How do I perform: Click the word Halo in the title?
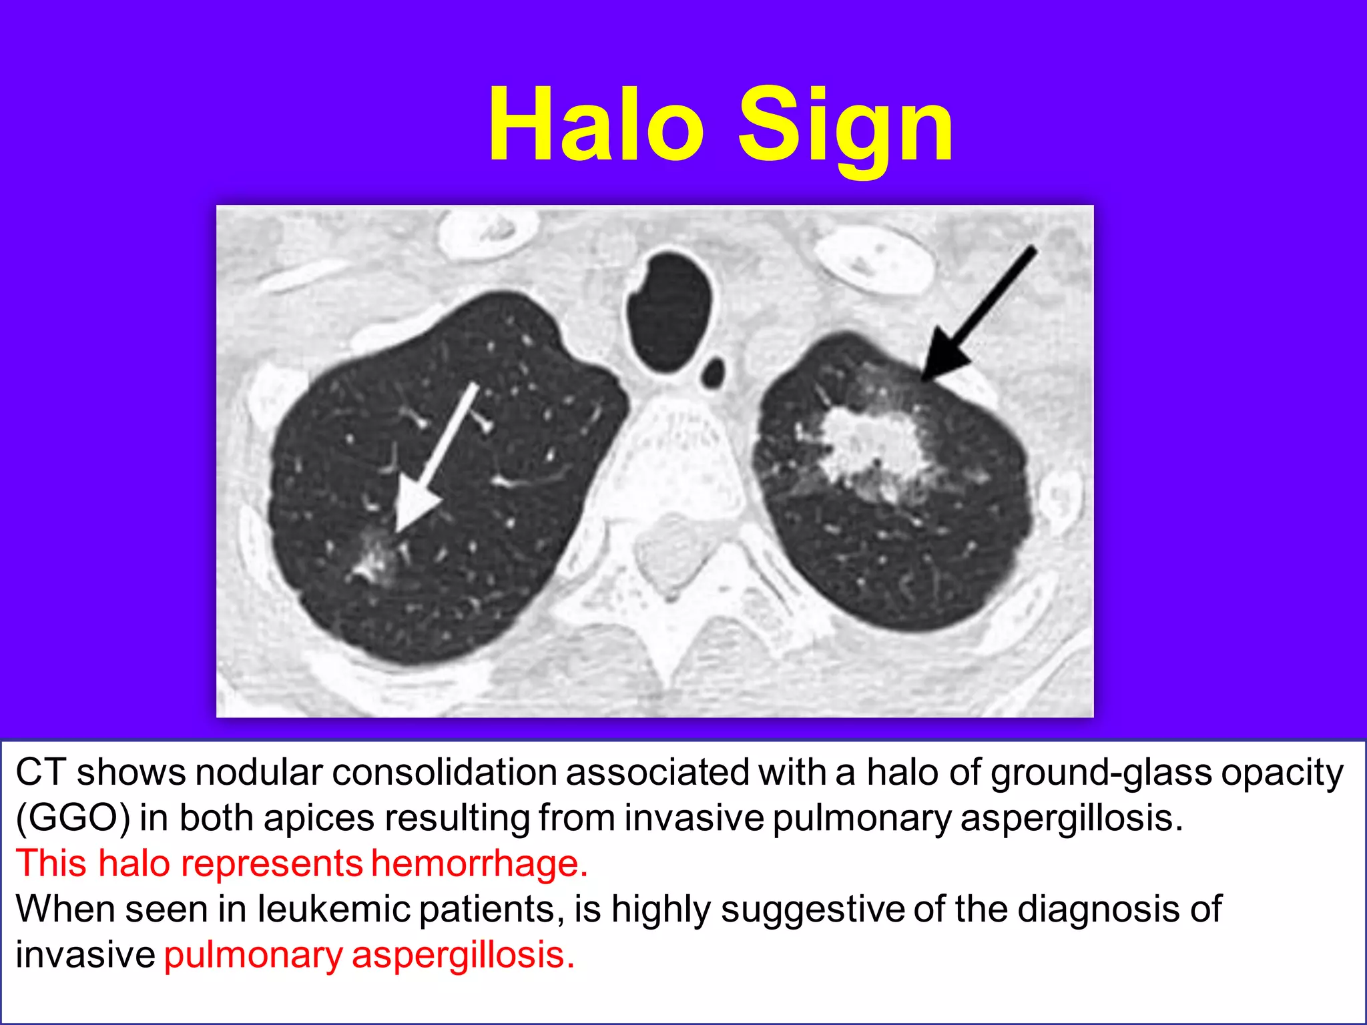tap(596, 125)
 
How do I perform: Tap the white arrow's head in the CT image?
tap(415, 507)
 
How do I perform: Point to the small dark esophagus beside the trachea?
tap(714, 372)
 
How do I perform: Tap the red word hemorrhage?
tap(479, 864)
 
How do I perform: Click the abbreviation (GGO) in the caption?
tap(73, 818)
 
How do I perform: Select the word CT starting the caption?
tap(41, 773)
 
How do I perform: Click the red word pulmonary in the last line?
tap(253, 955)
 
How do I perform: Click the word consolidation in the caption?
tap(445, 773)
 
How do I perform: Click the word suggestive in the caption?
tap(812, 910)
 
